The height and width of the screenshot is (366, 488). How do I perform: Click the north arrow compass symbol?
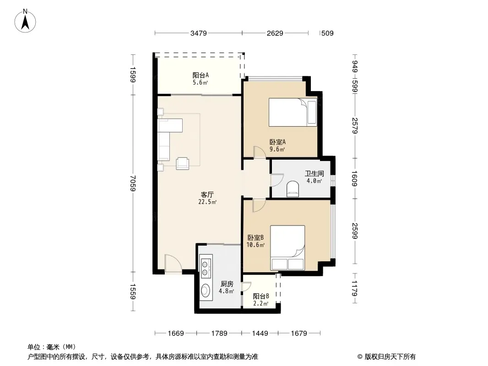click(25, 21)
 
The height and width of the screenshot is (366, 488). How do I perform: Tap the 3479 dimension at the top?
click(199, 33)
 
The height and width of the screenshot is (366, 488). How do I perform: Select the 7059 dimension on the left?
click(133, 183)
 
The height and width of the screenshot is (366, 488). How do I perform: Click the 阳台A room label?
click(201, 75)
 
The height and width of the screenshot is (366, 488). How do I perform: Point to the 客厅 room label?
click(207, 194)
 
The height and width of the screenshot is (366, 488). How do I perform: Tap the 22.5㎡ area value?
click(207, 202)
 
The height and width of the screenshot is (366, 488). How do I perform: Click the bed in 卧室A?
click(293, 112)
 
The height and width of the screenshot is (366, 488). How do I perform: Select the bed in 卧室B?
click(287, 248)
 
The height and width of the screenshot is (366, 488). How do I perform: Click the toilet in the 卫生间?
click(292, 189)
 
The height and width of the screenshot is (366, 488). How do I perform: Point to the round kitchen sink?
click(205, 291)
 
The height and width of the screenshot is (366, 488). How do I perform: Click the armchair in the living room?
click(182, 164)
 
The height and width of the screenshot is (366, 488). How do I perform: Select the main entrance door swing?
click(173, 264)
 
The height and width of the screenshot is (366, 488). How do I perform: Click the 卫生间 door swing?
click(277, 180)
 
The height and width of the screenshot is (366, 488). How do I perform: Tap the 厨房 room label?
click(227, 284)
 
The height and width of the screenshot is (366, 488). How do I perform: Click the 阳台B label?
click(261, 296)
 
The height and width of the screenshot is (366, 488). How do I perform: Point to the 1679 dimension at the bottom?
click(299, 334)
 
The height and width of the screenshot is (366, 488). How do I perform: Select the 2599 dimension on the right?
click(354, 231)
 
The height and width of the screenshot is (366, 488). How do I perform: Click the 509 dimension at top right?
click(327, 33)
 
